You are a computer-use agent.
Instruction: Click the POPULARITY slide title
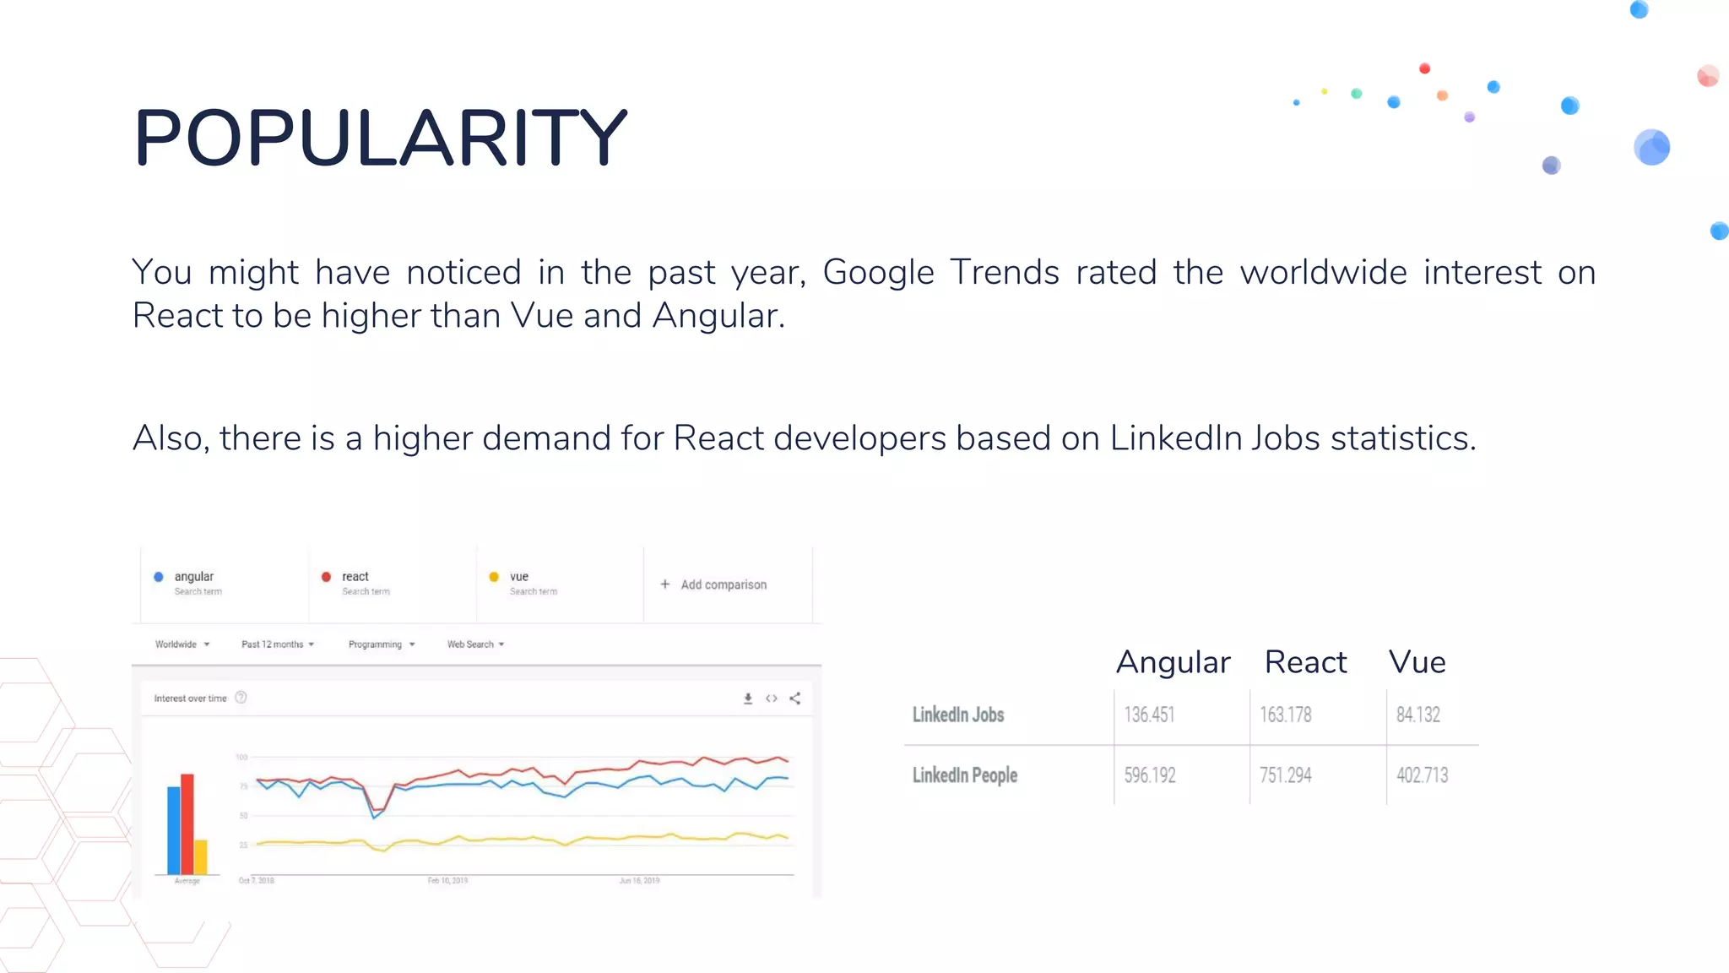coord(380,138)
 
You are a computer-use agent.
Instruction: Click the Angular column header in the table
coord(1173,662)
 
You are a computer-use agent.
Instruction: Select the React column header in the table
coord(1305,662)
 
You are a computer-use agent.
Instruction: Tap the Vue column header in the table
coord(1417,662)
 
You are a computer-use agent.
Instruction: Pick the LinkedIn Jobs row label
coord(958,715)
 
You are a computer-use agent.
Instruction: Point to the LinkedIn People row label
coord(965,775)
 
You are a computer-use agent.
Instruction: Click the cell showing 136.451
coord(1149,715)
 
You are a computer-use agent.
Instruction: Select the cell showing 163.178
coord(1286,715)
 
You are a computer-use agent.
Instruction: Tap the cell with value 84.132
coord(1418,715)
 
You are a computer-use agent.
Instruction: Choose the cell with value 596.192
coord(1150,775)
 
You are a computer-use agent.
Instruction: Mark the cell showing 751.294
coord(1286,775)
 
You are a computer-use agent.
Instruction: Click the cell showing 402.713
coord(1423,775)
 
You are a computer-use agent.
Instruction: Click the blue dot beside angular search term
coord(159,577)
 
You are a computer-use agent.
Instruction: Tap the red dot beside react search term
coord(326,577)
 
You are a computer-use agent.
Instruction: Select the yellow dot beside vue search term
coord(494,577)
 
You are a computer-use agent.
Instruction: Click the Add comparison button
coord(714,584)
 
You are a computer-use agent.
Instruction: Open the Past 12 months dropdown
coord(278,644)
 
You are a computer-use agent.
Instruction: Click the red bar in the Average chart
coord(187,824)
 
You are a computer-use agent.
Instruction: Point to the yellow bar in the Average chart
coord(201,856)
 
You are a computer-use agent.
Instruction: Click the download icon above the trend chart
coord(747,698)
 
